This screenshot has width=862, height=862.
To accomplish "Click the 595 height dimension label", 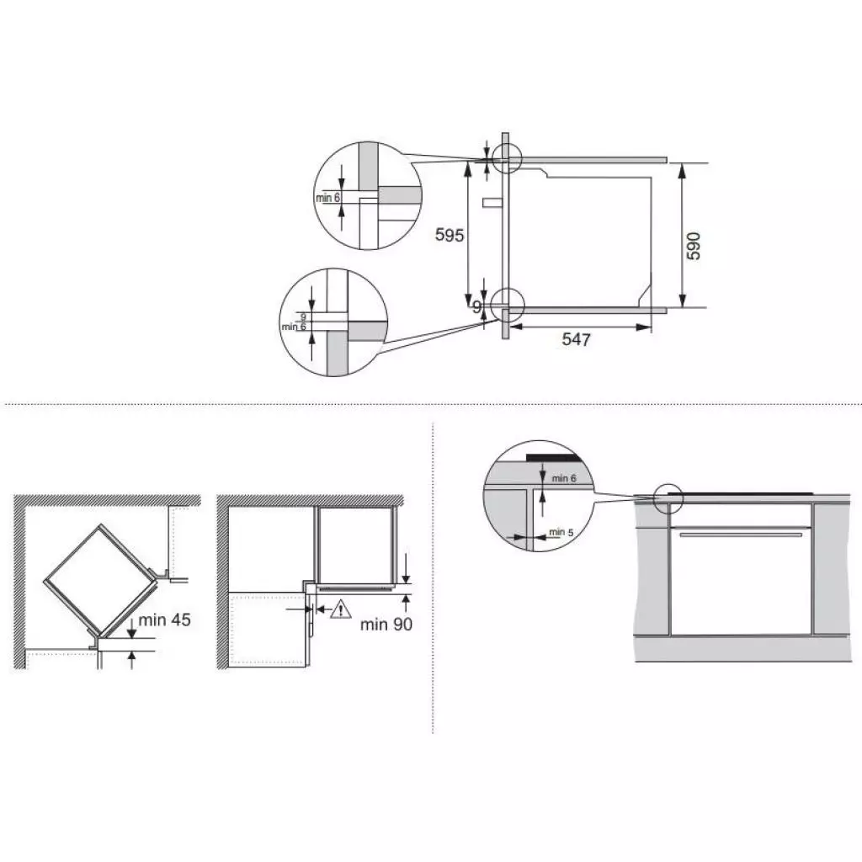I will [450, 236].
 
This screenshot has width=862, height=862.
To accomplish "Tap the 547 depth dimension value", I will [577, 339].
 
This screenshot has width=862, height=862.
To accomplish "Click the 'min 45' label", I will [166, 620].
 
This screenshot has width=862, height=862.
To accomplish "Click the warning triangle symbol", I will [339, 609].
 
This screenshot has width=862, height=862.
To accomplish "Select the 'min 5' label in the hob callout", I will [561, 532].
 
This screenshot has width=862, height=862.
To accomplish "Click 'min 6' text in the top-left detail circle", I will [328, 198].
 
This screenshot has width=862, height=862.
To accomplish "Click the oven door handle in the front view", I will [738, 534].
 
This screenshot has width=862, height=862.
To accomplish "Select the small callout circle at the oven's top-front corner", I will [507, 157].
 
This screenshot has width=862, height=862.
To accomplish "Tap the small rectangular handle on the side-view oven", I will [491, 203].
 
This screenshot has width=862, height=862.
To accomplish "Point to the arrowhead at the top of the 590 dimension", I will [683, 167].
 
